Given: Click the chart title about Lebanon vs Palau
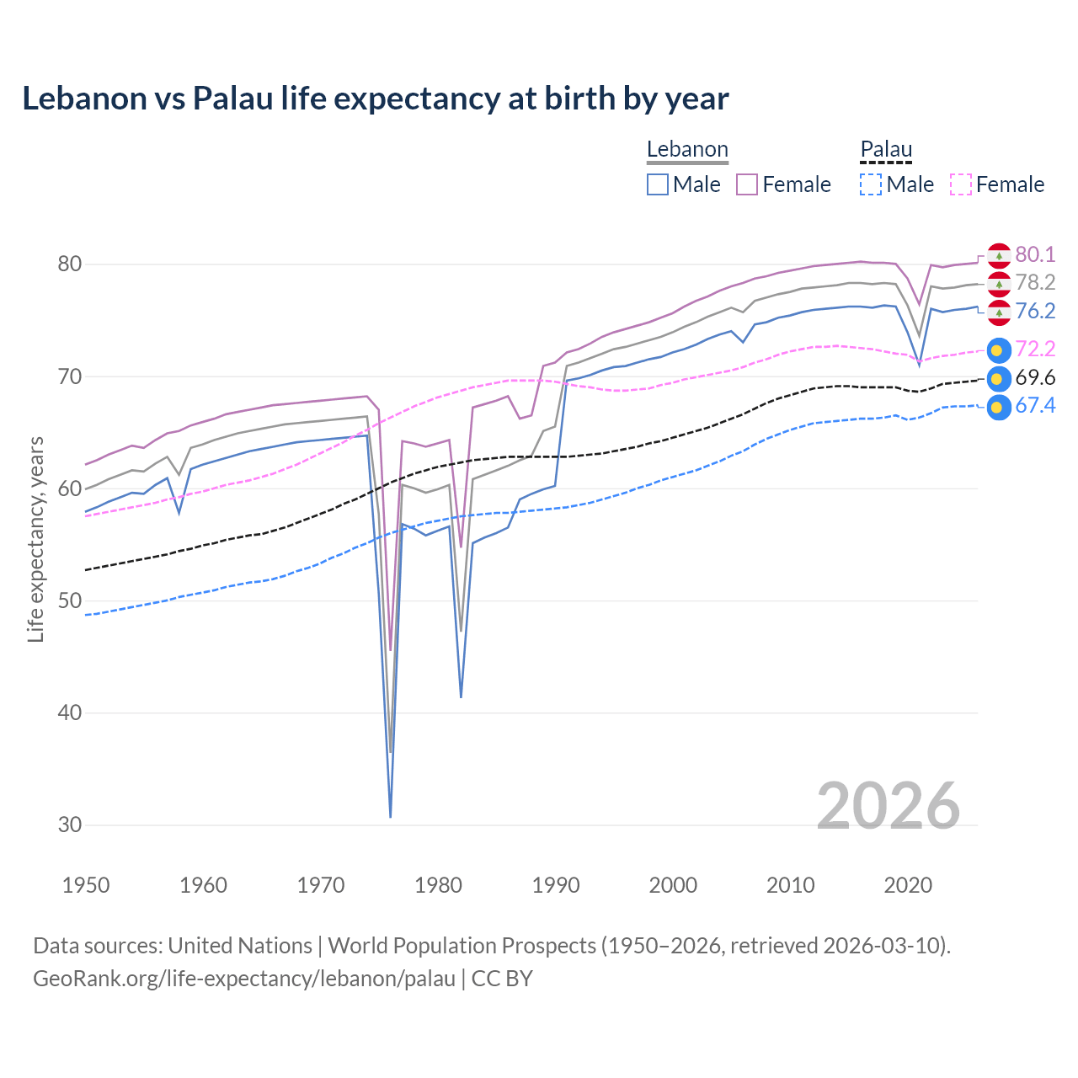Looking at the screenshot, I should [x=375, y=99].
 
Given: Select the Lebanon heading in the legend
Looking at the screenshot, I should [x=687, y=150].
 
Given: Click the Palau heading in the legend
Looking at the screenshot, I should [x=886, y=150].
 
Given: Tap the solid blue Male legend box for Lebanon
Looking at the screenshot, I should [x=658, y=184].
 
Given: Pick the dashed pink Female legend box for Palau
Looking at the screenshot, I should [x=961, y=184].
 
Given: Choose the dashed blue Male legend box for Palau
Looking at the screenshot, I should [x=871, y=184].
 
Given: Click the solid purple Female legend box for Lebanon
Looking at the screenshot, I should [x=747, y=184].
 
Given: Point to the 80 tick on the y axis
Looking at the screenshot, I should [x=69, y=264].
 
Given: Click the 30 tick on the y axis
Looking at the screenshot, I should [x=69, y=825].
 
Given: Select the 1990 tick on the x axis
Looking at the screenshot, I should [x=556, y=885].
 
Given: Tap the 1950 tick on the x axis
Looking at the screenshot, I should [x=87, y=885].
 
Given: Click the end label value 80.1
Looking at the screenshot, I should [x=1035, y=254].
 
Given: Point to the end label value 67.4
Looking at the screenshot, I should [x=1035, y=406].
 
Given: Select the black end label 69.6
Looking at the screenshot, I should [x=1035, y=378].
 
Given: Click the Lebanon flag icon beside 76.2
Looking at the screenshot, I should [x=999, y=312].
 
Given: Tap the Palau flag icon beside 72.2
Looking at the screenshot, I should [x=999, y=350].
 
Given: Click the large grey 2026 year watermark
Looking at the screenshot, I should [x=889, y=806].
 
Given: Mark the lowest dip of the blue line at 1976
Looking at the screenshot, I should [x=391, y=816].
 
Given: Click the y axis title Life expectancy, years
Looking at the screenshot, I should [x=36, y=539].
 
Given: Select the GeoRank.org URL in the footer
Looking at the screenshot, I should [x=244, y=979].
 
